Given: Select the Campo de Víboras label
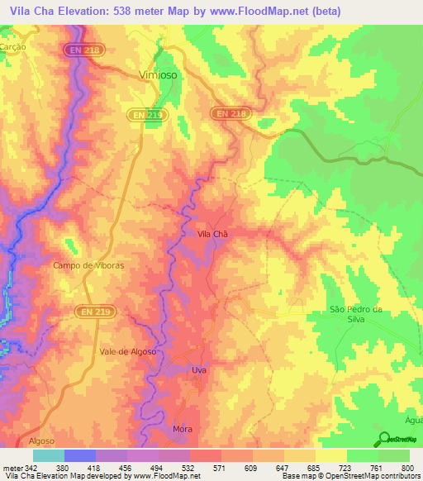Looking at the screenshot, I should coord(88,265).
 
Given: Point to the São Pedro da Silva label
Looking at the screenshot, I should coord(357,314).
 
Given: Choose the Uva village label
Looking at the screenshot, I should coord(198,370).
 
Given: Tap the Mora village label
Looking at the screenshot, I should coord(182,429).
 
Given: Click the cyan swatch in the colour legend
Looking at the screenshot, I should coord(48,455).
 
